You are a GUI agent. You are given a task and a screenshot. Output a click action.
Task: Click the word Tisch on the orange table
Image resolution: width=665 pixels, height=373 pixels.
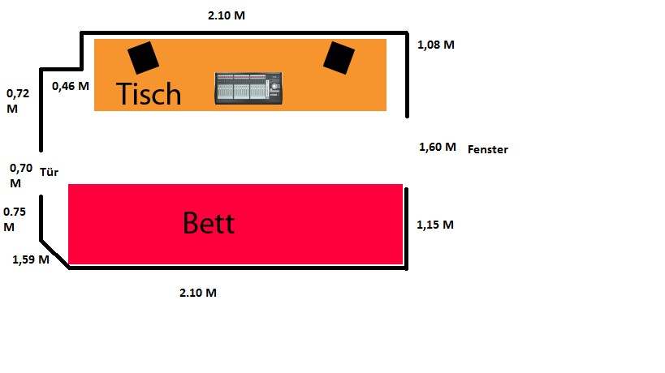pos(149,93)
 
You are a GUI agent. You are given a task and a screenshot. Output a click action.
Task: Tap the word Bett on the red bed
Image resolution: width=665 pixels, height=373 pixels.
pos(209,223)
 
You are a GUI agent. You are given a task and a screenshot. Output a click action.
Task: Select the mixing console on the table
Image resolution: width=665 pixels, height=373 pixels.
pos(248,88)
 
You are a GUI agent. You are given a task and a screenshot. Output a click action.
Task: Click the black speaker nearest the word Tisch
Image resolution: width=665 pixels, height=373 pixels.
pos(144,58)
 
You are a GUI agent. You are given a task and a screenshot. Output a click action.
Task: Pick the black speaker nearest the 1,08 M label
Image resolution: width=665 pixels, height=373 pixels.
pos(339,58)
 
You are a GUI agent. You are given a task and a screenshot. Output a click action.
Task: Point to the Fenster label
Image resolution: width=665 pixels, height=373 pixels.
pos(488,149)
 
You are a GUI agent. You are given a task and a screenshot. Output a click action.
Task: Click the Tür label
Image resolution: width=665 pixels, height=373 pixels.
pos(50,172)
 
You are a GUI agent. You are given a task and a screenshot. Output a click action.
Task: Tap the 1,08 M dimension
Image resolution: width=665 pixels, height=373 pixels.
pos(436,45)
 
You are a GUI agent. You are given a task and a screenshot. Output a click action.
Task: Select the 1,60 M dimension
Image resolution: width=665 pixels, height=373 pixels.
pos(438,148)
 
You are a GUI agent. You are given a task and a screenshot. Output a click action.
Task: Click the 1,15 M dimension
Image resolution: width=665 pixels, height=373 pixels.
pos(435,225)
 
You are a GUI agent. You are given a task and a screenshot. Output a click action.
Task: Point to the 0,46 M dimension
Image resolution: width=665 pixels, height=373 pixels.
pos(71,87)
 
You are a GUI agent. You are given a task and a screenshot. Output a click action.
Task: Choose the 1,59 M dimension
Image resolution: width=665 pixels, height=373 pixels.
pos(31,259)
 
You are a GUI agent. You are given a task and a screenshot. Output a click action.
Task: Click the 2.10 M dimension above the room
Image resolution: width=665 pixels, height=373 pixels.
pos(227,15)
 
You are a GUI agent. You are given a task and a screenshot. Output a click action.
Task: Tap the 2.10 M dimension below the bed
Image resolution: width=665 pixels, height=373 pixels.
pos(198,293)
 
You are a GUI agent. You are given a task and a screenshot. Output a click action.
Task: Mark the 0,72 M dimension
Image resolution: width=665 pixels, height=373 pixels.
pos(18,101)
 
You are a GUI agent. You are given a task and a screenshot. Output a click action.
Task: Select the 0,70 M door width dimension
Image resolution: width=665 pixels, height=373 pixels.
pos(21,176)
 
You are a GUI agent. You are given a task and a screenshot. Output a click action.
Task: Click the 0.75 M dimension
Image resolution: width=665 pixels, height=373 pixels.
pos(15,219)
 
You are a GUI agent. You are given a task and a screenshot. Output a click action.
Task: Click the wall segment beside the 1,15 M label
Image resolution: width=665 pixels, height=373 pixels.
pos(406,229)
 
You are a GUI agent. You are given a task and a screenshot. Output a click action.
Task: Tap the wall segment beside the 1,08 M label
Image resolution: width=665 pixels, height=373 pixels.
pos(407,75)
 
